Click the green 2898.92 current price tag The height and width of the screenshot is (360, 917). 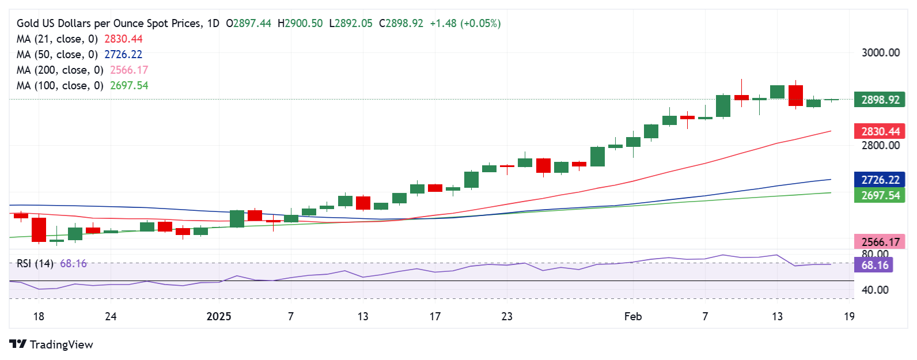pyautogui.click(x=880, y=100)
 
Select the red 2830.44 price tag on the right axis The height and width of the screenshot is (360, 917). pyautogui.click(x=880, y=131)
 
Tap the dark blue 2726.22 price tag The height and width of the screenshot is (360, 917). pyautogui.click(x=880, y=180)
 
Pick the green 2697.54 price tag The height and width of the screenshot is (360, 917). pyautogui.click(x=880, y=195)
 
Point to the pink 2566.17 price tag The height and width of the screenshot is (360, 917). pyautogui.click(x=880, y=242)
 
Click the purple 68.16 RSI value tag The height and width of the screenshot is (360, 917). pyautogui.click(x=874, y=265)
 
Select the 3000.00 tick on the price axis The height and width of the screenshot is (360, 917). pyautogui.click(x=880, y=52)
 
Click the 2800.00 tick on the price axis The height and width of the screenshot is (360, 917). pyautogui.click(x=880, y=145)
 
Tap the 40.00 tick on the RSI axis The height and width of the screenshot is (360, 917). pyautogui.click(x=874, y=290)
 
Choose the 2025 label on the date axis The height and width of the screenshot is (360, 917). pyautogui.click(x=219, y=316)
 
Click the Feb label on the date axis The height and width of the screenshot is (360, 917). pyautogui.click(x=632, y=316)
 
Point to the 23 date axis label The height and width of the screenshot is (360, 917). pyautogui.click(x=507, y=316)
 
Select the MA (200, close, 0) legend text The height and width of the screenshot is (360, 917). pyautogui.click(x=60, y=70)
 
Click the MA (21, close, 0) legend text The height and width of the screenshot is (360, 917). pyautogui.click(x=57, y=39)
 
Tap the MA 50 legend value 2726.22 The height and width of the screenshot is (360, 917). pyautogui.click(x=123, y=54)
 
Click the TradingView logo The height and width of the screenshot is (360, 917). pyautogui.click(x=51, y=344)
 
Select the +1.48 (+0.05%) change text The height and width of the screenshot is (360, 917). pyautogui.click(x=465, y=23)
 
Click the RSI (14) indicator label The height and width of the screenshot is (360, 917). pyautogui.click(x=35, y=263)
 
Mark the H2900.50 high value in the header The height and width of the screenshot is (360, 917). pyautogui.click(x=300, y=23)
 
